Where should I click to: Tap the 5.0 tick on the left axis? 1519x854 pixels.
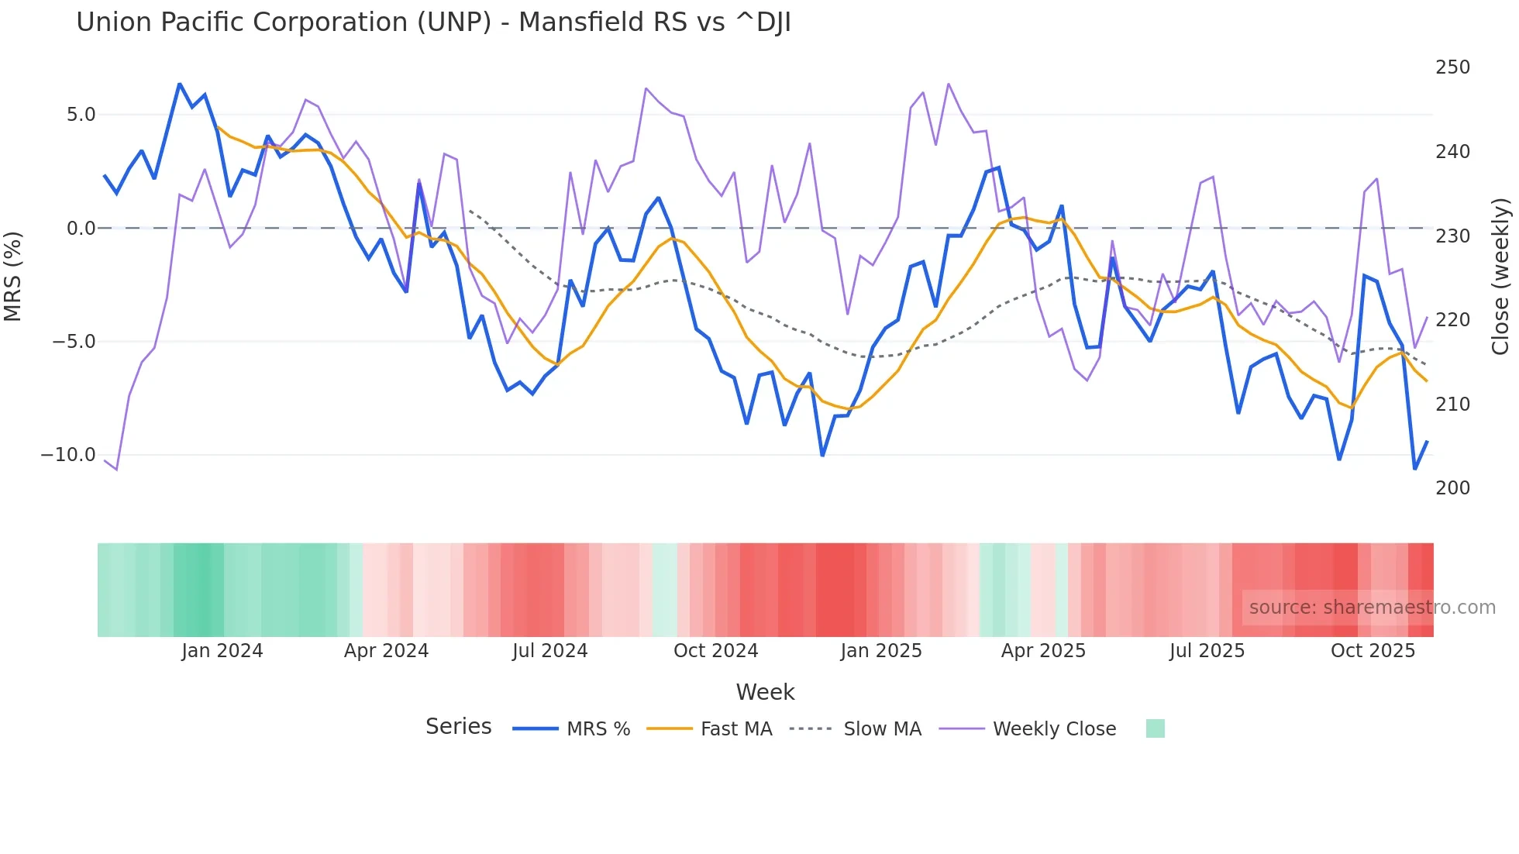tap(81, 115)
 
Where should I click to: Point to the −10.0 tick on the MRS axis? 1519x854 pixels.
tap(68, 455)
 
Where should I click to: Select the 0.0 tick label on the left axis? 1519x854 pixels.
tap(81, 229)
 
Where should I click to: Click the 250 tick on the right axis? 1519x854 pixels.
tap(1452, 67)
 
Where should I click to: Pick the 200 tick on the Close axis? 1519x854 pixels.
tap(1452, 488)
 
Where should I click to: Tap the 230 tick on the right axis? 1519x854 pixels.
tap(1452, 236)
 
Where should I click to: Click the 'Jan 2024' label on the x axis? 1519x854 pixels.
tap(222, 651)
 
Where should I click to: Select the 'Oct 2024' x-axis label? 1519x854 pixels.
tap(715, 651)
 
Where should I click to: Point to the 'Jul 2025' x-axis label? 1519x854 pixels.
tap(1207, 651)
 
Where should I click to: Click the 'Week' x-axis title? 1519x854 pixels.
tap(765, 692)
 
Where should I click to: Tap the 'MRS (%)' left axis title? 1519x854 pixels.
tap(13, 276)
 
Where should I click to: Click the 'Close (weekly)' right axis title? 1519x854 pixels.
tap(1500, 276)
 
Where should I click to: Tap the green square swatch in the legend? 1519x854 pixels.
tap(1155, 728)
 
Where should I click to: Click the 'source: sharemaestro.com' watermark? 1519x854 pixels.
tap(1372, 608)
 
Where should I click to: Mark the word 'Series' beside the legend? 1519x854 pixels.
tap(458, 727)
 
